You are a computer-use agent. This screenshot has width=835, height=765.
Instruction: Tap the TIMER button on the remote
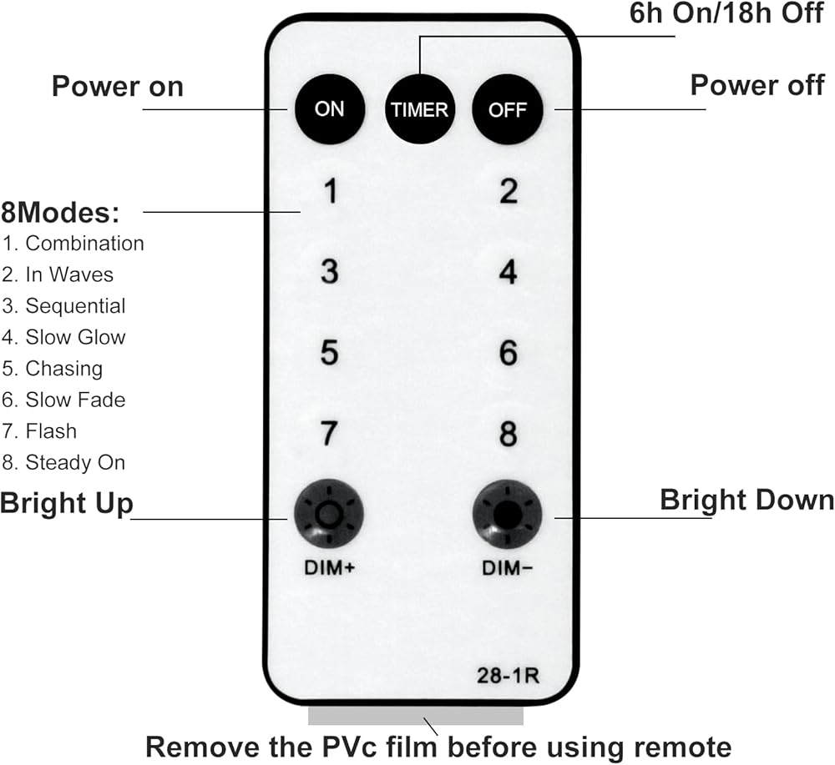tap(419, 109)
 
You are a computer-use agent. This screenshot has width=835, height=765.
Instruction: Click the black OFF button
tap(508, 109)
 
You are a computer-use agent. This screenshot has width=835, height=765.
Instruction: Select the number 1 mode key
tap(330, 193)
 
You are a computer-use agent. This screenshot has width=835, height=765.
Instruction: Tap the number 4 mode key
tap(508, 273)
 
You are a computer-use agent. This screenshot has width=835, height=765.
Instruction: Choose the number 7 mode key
tap(330, 434)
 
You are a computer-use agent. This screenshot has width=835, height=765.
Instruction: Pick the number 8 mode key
tap(508, 434)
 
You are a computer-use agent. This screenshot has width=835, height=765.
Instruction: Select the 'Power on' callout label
tap(117, 86)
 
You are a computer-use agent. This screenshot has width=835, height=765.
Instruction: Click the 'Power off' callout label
tap(757, 84)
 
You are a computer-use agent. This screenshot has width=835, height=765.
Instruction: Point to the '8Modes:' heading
tap(60, 212)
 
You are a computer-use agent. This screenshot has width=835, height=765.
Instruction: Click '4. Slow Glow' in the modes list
tap(64, 337)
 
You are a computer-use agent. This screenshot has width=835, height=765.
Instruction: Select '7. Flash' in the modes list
tap(39, 431)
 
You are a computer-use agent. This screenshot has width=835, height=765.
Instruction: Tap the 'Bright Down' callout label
tap(746, 500)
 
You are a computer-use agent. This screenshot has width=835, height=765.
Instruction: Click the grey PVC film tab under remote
tap(416, 716)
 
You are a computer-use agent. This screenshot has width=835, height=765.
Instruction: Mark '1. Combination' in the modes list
tap(73, 244)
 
